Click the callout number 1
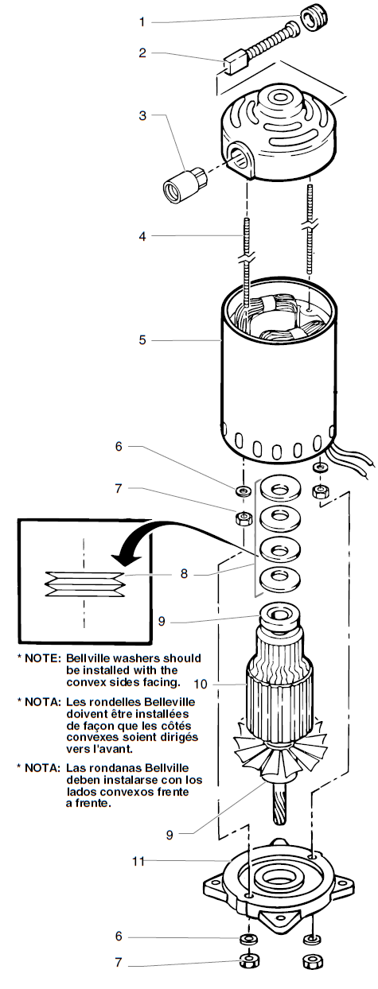[144, 21]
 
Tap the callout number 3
[143, 116]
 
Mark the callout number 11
[137, 860]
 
